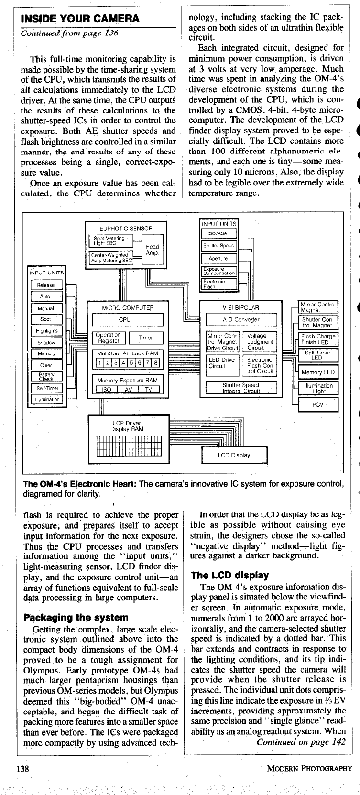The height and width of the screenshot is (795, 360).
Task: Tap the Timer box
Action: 145,338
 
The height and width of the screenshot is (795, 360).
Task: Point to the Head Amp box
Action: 152,250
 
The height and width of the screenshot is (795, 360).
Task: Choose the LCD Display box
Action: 234,455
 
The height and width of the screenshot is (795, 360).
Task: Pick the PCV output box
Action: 317,404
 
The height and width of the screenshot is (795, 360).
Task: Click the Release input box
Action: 46,285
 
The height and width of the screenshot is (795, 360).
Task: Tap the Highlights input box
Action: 46,331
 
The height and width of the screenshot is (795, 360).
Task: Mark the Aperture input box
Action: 218,259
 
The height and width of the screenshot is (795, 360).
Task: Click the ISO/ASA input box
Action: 218,233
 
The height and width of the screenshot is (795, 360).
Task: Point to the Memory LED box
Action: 317,372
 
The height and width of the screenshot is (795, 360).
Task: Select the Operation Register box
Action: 109,338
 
